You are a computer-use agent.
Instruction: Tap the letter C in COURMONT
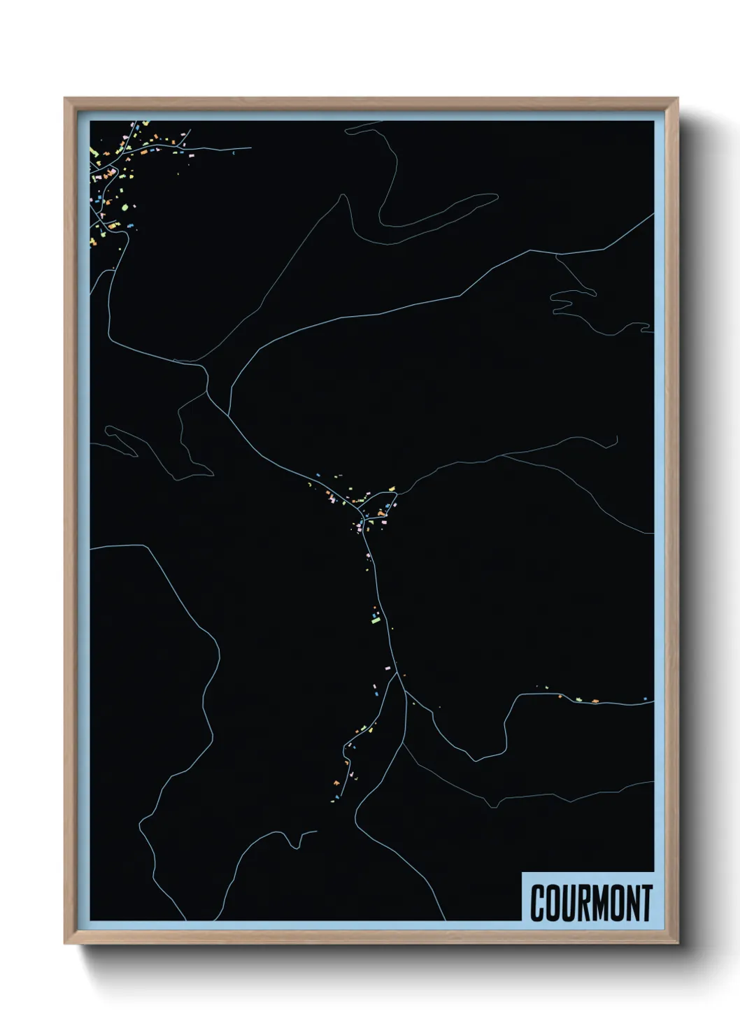click(x=538, y=903)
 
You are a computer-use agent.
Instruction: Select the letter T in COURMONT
click(x=646, y=903)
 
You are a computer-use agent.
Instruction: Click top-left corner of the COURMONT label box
click(x=522, y=871)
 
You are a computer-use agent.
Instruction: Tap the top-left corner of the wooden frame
click(x=65, y=98)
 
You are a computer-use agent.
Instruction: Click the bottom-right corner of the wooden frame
click(x=678, y=943)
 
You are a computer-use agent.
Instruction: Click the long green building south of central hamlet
click(x=376, y=619)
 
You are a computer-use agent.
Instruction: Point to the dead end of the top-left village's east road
click(x=250, y=148)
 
